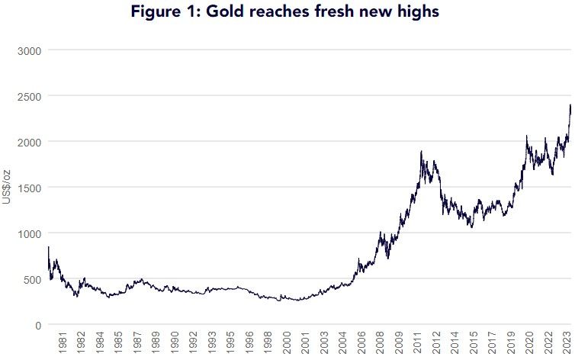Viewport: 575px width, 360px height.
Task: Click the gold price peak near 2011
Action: click(421, 152)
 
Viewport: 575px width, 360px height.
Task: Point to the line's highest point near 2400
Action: click(570, 105)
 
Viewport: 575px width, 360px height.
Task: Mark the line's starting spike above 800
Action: click(49, 247)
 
